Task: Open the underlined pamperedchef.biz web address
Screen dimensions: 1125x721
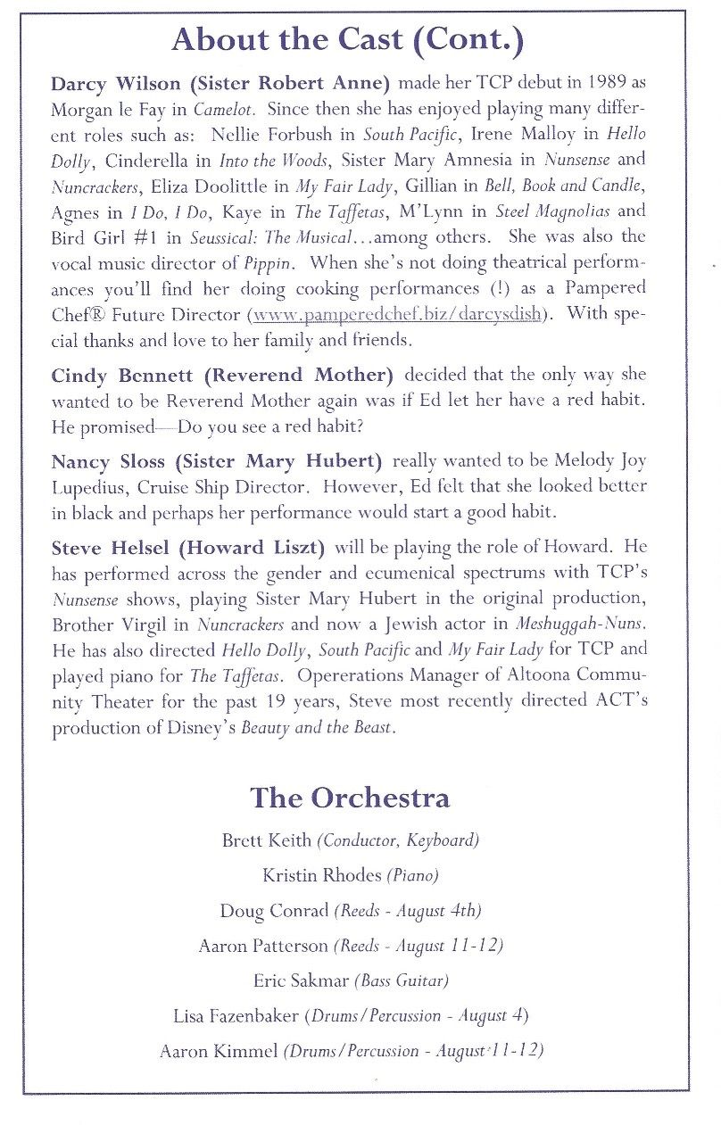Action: (x=397, y=314)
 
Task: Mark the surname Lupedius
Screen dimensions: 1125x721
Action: (x=89, y=487)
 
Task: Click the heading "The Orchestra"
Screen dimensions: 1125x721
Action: (x=350, y=796)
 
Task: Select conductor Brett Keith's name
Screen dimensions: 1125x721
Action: (x=266, y=840)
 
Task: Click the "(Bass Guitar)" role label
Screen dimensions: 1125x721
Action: (x=401, y=980)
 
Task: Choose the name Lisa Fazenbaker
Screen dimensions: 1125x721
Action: (x=237, y=1015)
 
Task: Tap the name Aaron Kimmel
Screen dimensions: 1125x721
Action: (x=219, y=1051)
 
